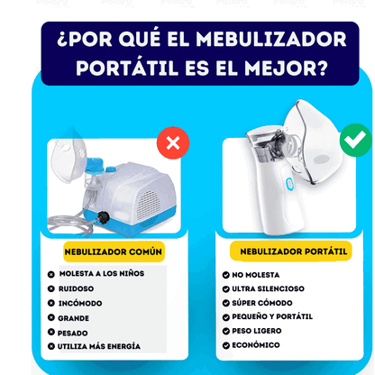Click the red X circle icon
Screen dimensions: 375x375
(x=172, y=142)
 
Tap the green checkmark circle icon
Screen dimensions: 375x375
(x=354, y=141)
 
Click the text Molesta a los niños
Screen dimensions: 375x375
(x=101, y=273)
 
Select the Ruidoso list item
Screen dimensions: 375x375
(x=77, y=288)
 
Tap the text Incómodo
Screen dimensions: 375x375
(x=79, y=303)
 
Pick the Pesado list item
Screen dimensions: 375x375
(x=74, y=332)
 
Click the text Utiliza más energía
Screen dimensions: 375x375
(x=100, y=346)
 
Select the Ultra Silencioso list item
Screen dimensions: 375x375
(x=269, y=288)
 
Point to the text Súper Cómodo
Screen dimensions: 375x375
(x=261, y=303)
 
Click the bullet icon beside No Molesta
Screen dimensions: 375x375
(x=224, y=274)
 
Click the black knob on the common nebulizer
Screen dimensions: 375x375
(x=105, y=217)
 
